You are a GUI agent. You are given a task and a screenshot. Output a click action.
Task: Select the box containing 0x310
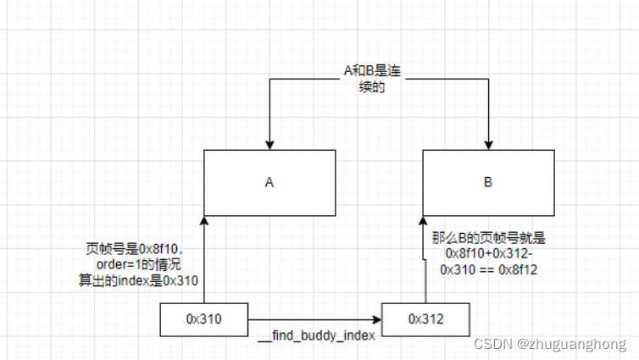pyautogui.click(x=203, y=318)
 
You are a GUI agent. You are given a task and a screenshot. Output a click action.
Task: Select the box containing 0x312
pyautogui.click(x=425, y=318)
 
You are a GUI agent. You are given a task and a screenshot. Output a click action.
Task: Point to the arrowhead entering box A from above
pyautogui.click(x=269, y=145)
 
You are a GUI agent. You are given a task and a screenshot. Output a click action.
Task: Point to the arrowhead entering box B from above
pyautogui.click(x=489, y=145)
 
